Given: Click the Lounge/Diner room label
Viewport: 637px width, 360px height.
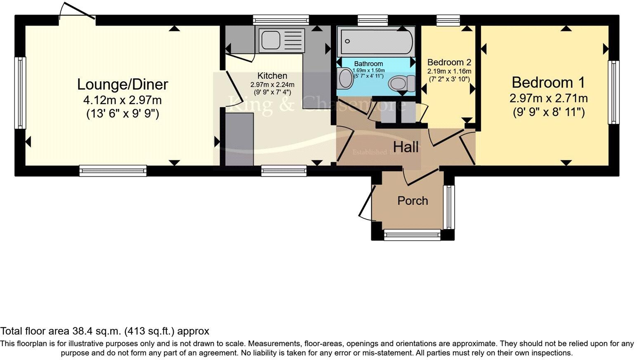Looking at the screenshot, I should (x=123, y=85).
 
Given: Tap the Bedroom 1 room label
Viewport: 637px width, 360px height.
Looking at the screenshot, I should (x=548, y=83).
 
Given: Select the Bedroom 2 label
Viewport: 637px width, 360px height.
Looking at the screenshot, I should (x=449, y=62).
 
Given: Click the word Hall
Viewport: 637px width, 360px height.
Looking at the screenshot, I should (x=406, y=147).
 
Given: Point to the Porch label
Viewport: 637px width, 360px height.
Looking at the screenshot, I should (x=413, y=201).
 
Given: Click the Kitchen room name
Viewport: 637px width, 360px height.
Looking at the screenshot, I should (x=272, y=76).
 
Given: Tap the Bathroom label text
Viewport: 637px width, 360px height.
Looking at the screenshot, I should (x=368, y=64).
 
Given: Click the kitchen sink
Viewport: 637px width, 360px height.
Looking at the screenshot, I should (x=271, y=40).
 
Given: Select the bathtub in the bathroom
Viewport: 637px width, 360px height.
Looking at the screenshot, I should (x=375, y=41).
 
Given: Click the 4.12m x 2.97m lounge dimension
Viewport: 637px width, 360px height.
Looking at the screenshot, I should (x=123, y=100).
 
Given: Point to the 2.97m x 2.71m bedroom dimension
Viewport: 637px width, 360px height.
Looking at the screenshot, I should (x=548, y=98).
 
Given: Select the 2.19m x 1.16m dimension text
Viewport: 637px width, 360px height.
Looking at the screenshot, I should (x=449, y=71).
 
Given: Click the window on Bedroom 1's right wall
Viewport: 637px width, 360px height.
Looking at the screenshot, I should (x=614, y=92).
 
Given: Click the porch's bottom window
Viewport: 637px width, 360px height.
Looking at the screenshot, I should (x=412, y=235).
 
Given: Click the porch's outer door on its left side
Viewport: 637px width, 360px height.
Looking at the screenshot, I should (x=366, y=201).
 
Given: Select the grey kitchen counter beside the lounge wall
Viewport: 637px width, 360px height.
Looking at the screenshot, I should (x=239, y=139).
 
